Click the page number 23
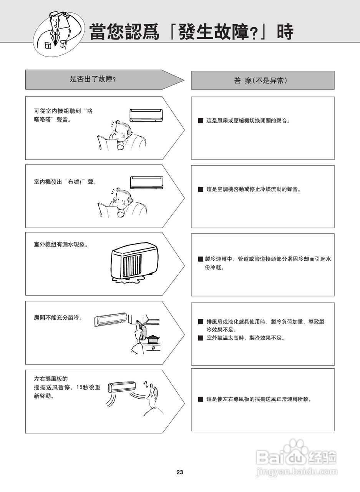tap(180, 472)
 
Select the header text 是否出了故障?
tap(93, 80)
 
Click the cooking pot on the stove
tap(153, 339)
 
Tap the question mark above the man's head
tap(146, 384)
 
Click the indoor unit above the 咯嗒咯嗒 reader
tap(146, 115)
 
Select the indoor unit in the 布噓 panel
tap(146, 183)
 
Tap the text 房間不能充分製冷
tap(58, 318)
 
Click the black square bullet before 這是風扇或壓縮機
tap(201, 121)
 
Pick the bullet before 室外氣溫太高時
tap(201, 338)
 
